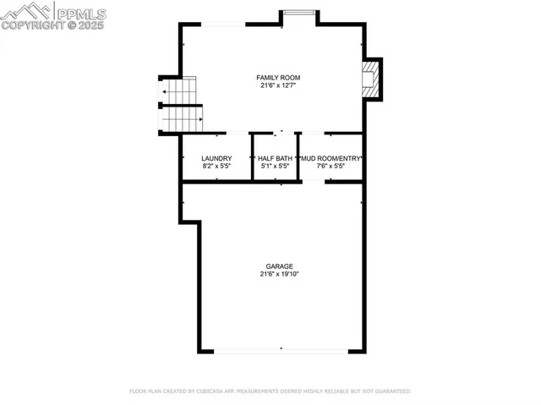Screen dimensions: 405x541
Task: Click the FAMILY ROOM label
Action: pos(278,78)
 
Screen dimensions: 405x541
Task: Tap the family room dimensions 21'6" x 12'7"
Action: pos(278,85)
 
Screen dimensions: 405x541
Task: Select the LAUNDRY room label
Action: pos(216,158)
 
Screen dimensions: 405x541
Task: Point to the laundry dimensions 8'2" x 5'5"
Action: pos(216,166)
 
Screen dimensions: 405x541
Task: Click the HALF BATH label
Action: pos(275,158)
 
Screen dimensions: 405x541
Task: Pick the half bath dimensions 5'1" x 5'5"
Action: pos(275,166)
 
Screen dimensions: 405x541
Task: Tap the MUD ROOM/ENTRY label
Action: pos(333,158)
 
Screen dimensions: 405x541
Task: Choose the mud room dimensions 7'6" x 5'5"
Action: pos(333,166)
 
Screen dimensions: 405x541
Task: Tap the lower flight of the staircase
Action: pos(181,119)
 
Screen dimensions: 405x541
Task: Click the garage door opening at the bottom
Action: pos(281,350)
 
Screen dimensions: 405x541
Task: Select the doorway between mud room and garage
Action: pos(314,181)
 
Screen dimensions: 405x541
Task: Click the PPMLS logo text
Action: pos(81,12)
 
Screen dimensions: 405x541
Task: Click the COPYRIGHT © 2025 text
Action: pos(52,25)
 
